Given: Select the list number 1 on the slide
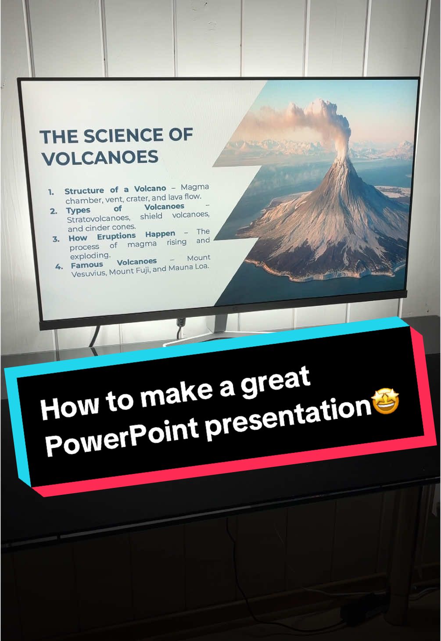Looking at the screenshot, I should pyautogui.click(x=51, y=192).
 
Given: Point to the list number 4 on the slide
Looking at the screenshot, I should pyautogui.click(x=59, y=266).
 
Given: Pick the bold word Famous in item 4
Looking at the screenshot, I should pyautogui.click(x=87, y=265).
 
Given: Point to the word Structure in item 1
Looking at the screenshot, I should pyautogui.click(x=84, y=191).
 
